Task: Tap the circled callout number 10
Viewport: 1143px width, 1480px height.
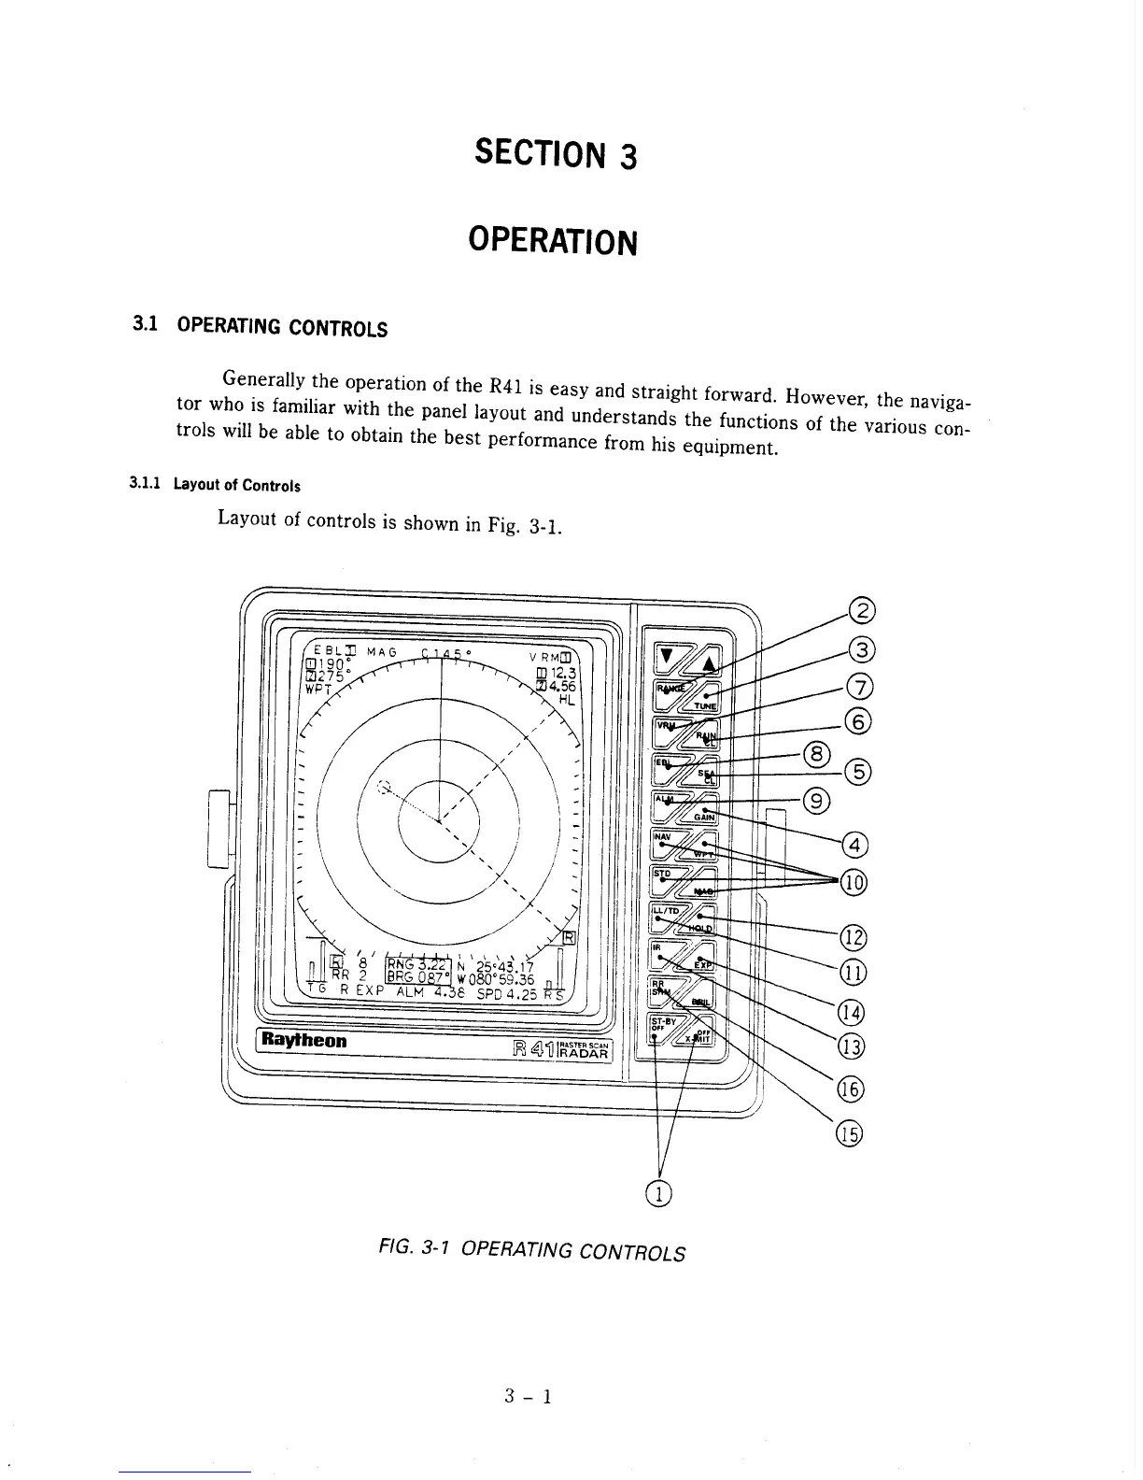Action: [x=854, y=881]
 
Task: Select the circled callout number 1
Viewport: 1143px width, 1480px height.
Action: [x=659, y=1192]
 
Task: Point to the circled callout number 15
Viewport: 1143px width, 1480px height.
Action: [x=849, y=1133]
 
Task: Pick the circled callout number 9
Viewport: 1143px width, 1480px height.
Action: [x=816, y=800]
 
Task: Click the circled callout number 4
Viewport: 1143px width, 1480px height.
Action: [x=854, y=847]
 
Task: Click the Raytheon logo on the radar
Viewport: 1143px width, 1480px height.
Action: [x=304, y=1040]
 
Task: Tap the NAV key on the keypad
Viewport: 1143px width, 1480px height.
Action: [x=665, y=837]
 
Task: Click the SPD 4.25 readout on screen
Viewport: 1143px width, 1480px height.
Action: [x=507, y=994]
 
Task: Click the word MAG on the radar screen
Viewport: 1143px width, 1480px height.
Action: [x=382, y=651]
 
